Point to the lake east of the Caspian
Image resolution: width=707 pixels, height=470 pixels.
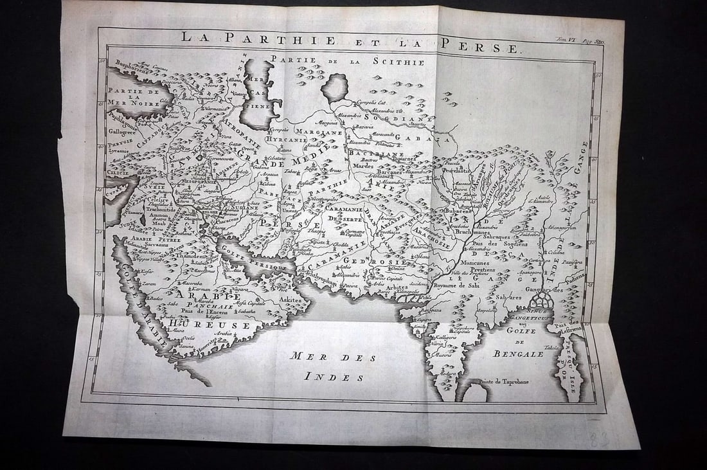[334, 87]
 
